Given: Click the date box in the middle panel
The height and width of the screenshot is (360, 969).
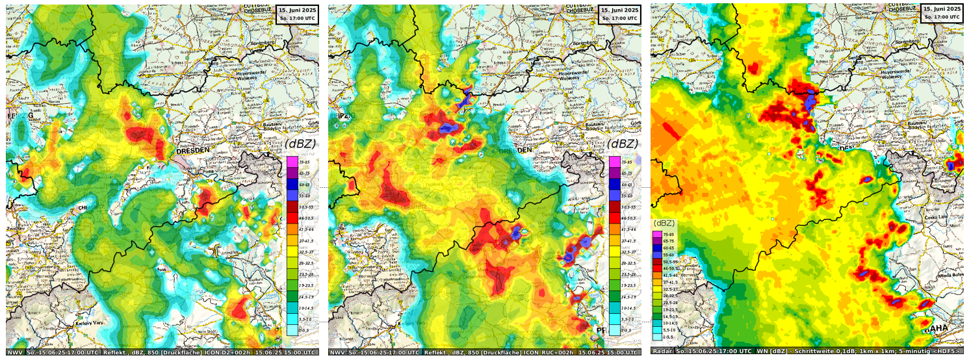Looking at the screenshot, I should (619, 13).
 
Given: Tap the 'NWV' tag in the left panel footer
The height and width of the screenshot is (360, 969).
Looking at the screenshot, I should (14, 352).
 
